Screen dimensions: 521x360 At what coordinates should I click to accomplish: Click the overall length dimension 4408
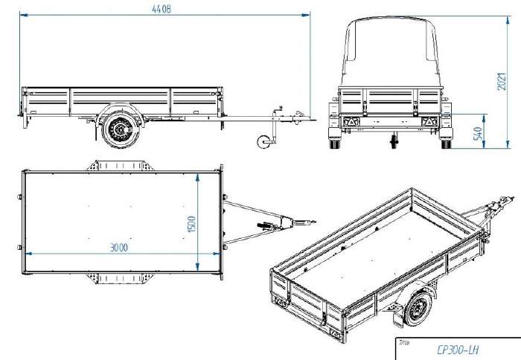pos(162,9)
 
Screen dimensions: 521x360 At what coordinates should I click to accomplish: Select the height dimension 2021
pos(502,81)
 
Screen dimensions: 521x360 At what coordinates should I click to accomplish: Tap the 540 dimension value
pos(478,133)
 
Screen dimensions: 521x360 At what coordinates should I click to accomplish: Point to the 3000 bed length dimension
pos(118,248)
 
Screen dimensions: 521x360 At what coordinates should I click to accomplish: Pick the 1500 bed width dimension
pos(192,224)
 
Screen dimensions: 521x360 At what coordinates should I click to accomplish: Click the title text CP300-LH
pos(458,350)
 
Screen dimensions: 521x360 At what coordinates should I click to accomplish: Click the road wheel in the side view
pos(121,129)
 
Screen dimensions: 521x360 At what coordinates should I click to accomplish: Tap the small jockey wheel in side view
pos(264,141)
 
